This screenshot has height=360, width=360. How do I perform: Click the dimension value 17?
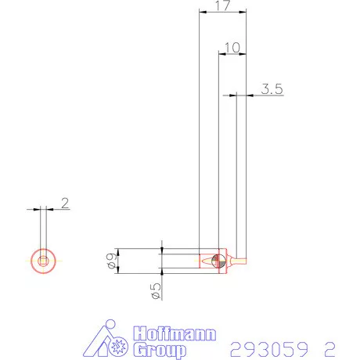(222, 6)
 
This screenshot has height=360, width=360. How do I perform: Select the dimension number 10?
(232, 48)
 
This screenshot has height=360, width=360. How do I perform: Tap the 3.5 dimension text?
(271, 89)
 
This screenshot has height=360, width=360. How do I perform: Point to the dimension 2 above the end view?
(65, 203)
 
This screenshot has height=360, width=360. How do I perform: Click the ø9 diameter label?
(113, 261)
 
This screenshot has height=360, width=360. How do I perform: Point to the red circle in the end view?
(44, 261)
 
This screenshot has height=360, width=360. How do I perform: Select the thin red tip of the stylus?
(243, 261)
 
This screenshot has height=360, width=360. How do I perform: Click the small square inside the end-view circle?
(44, 261)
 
